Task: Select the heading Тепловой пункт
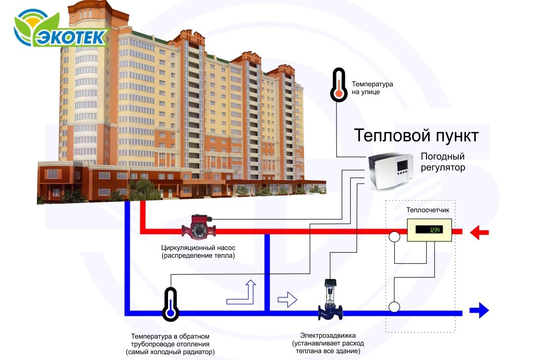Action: coord(416,135)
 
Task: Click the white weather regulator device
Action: coord(391,171)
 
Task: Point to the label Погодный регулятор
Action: coord(443,162)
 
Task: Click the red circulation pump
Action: coord(198,225)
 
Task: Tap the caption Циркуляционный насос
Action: coord(198,248)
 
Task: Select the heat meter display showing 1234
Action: coord(429,230)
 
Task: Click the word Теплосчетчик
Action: coord(427,210)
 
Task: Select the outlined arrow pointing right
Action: coord(287,300)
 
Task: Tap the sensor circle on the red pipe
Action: coord(394,237)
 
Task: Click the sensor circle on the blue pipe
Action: coord(394,307)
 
